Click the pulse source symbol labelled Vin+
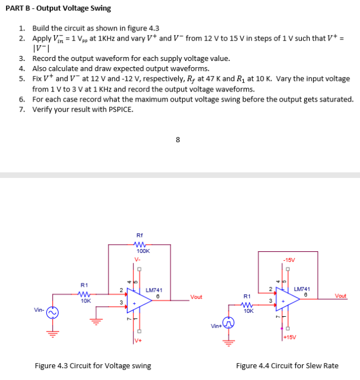[x=228, y=323]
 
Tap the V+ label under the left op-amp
[x=138, y=340]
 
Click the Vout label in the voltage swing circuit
[x=196, y=296]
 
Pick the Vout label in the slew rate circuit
[x=341, y=295]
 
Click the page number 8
[x=178, y=141]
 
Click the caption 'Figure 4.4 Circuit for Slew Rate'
[x=287, y=366]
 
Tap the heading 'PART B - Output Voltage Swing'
[x=58, y=8]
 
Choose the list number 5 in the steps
[x=21, y=79]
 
